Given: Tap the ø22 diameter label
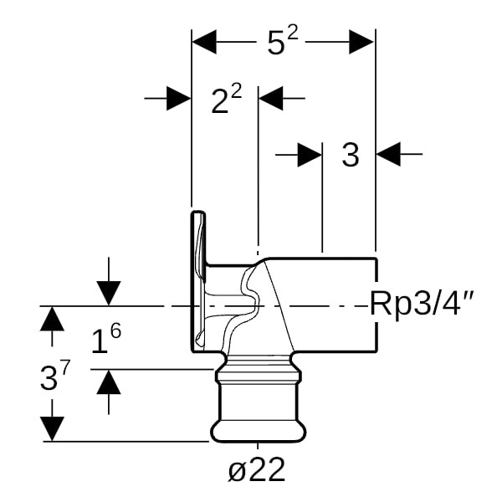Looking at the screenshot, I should coord(257,470).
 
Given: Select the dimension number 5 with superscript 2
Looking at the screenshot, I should coord(283,42).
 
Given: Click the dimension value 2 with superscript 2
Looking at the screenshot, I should coord(225,100).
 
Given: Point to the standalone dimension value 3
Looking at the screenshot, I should coord(351,155).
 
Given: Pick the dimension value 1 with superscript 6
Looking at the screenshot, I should coord(105,340).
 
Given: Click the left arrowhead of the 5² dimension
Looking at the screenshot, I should coord(205,42).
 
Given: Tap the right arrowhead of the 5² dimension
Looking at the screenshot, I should coord(361,42).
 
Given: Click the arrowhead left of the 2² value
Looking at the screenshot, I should coord(179,98).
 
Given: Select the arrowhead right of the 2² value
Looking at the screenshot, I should coord(270,98).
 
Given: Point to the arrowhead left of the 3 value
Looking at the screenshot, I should coord(310,154).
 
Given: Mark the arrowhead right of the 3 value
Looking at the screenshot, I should coord(387,154).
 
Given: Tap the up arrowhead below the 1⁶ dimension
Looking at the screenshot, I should coord(108,382).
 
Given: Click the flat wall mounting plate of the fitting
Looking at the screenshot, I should coord(197,280).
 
